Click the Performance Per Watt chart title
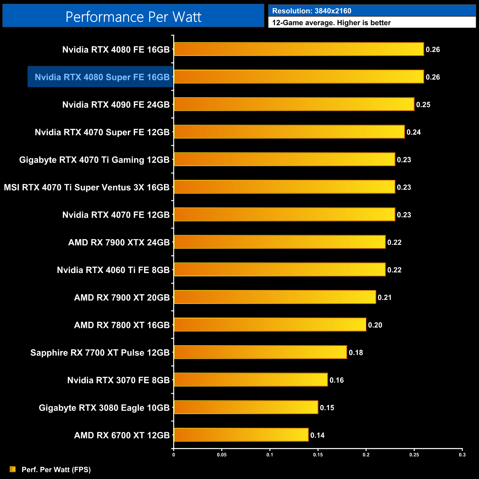pos(133,17)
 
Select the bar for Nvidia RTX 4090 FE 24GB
pos(294,104)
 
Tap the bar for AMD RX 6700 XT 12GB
pos(241,435)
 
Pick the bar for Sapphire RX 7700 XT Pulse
pos(260,352)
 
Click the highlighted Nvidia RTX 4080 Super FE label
pos(102,77)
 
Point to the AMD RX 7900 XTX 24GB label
pos(119,242)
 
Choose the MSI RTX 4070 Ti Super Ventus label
pos(87,187)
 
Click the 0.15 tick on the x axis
pos(318,455)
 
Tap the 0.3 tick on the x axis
pos(462,455)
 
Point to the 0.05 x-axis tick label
pos(222,455)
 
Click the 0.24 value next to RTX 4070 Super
pos(413,132)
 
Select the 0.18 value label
pos(356,353)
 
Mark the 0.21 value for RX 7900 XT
pos(385,297)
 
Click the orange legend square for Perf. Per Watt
pos(13,469)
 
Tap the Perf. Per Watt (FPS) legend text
pos(56,469)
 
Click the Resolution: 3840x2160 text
pos(312,11)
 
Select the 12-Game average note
pos(331,23)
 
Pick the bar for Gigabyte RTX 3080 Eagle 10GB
pos(246,407)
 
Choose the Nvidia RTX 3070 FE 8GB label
pos(118,380)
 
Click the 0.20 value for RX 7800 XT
pos(375,325)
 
